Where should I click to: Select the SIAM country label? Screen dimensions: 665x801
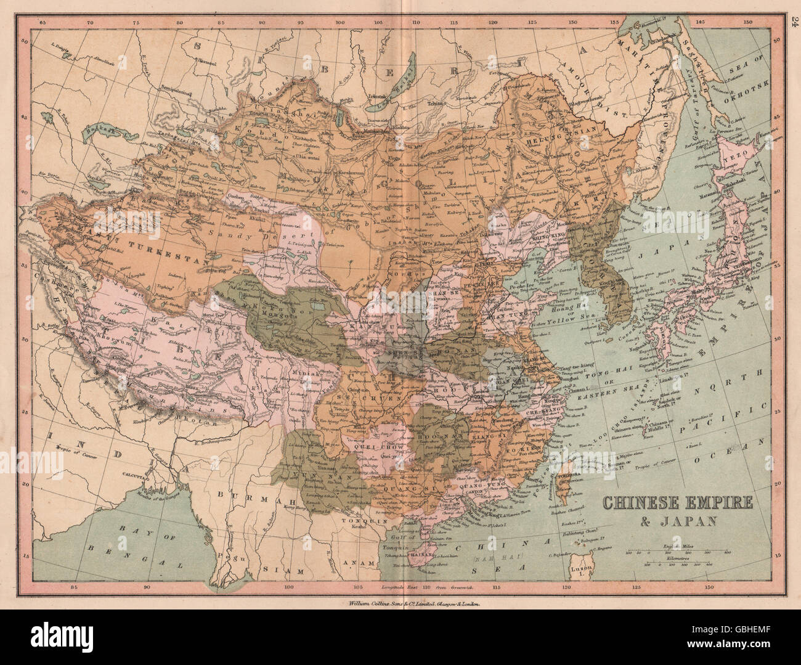coord(274,571)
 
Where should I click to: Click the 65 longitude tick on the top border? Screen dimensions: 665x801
coord(42,22)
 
